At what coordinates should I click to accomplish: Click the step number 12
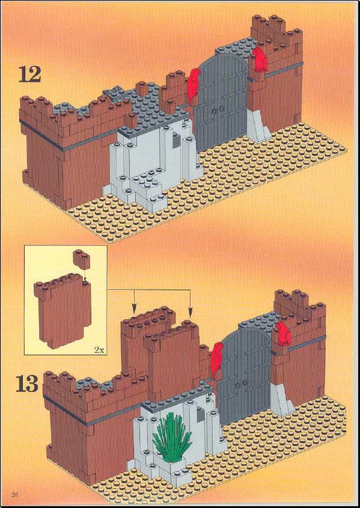click(30, 74)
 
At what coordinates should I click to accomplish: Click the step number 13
click(27, 384)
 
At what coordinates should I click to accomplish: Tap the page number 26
click(15, 494)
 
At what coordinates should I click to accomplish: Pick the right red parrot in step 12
click(260, 60)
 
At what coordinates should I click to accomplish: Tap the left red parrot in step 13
click(217, 360)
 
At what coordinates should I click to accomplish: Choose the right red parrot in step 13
click(283, 334)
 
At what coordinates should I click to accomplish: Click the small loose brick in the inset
click(81, 259)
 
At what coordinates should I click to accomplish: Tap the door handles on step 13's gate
click(242, 384)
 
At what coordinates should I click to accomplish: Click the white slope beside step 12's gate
click(257, 126)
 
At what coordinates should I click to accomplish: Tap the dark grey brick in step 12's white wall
click(177, 140)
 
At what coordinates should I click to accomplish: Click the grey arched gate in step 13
click(245, 373)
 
